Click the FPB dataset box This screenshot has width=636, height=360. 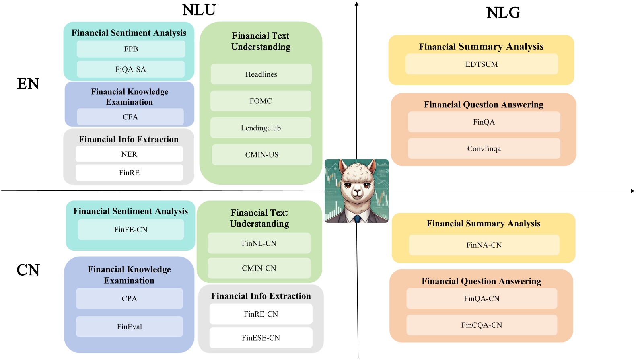pos(131,49)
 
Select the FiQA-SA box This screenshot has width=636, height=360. pos(131,69)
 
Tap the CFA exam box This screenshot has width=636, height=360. pos(130,117)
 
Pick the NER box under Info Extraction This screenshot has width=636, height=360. pos(129,154)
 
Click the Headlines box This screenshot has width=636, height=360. pos(261,74)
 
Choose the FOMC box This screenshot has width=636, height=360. pos(261,101)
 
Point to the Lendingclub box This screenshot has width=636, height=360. pos(261,128)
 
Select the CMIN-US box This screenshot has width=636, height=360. pos(262,155)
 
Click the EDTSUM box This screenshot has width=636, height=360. pos(482,64)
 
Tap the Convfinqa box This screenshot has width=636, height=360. pos(484,149)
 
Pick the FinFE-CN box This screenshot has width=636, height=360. pos(131,230)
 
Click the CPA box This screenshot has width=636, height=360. pos(129,298)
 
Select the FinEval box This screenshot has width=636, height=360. pos(129,327)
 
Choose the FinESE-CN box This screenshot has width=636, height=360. pos(261,338)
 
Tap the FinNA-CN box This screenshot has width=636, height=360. pos(484,245)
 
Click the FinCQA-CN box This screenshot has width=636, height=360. pos(482,325)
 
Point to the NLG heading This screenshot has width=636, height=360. pos(503,13)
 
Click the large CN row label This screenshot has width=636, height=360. pos(28,270)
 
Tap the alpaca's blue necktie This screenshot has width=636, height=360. pos(357,219)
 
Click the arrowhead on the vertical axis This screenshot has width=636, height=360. pos(356,4)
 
